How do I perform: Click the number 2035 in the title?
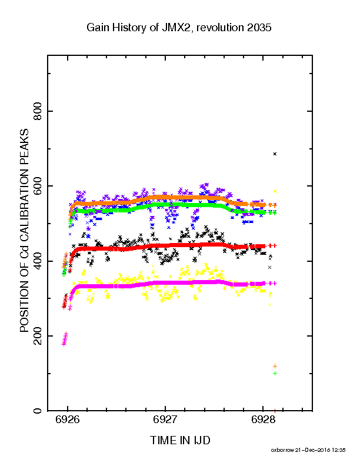259,28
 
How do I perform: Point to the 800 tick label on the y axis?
38,111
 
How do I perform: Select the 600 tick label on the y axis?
38,186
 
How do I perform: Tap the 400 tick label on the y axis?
38,261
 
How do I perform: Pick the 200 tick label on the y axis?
38,336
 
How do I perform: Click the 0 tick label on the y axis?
38,411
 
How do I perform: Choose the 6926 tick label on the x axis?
68,420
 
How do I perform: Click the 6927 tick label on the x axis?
165,420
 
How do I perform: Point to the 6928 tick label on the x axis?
263,420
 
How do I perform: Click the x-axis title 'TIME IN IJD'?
180,440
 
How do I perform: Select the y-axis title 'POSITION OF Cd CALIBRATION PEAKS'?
24,231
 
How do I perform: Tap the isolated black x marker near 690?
275,154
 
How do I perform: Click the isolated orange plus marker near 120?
275,366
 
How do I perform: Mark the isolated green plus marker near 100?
275,373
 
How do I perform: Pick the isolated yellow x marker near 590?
275,191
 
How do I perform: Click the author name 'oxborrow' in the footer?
282,450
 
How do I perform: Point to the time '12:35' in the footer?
339,450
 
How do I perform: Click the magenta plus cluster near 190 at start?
65,338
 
